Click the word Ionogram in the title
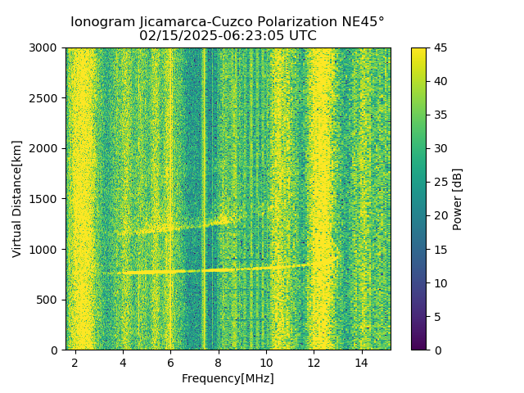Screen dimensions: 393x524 click(x=102, y=22)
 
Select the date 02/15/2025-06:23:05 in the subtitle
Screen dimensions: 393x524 click(x=214, y=36)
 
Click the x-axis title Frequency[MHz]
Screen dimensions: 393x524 click(x=228, y=379)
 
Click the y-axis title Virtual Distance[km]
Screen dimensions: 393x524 click(x=17, y=199)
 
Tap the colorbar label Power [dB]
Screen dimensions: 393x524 click(x=458, y=199)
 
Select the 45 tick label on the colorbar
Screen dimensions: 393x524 click(x=440, y=48)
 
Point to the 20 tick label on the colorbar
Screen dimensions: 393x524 click(x=440, y=216)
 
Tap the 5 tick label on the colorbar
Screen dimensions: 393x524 click(x=437, y=317)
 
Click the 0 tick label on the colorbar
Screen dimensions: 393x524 click(x=437, y=350)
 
